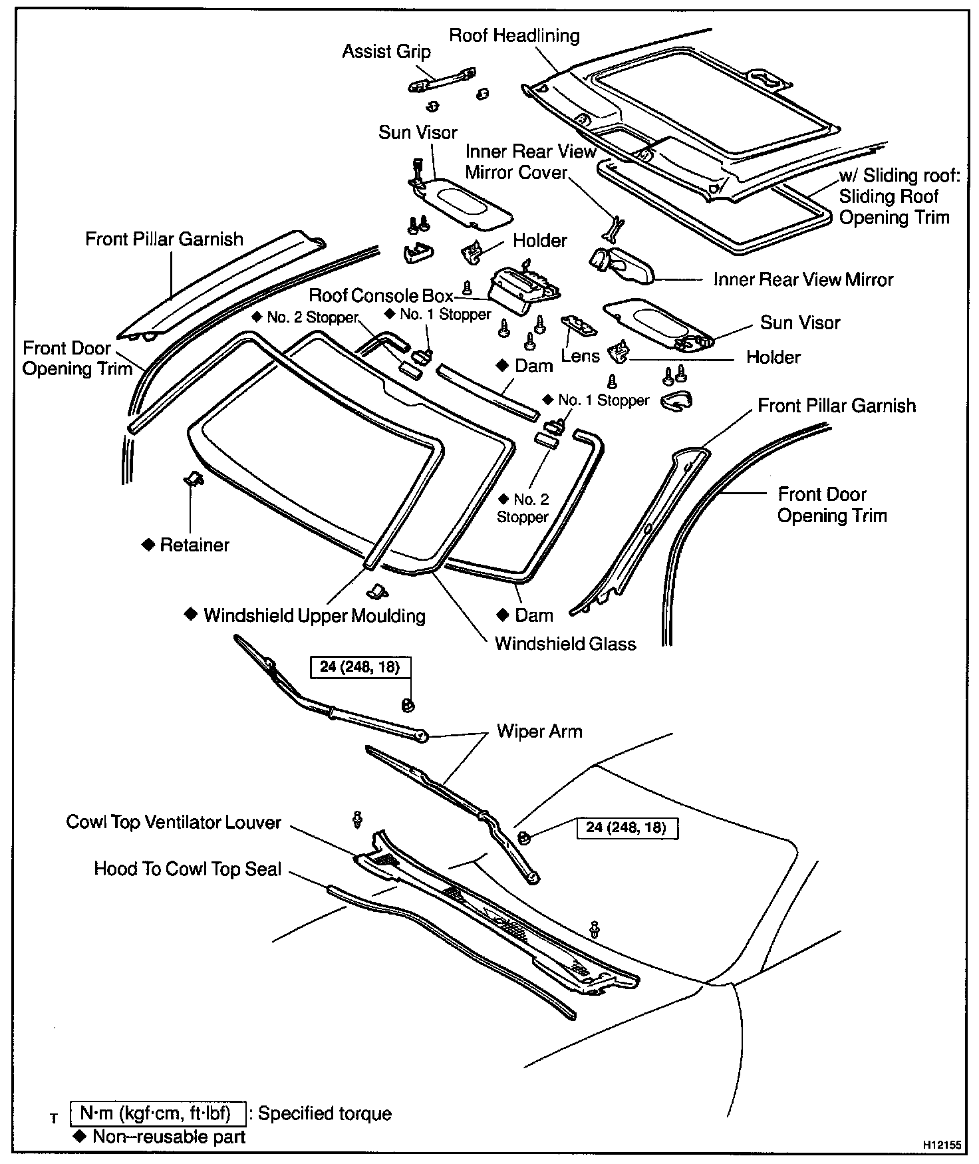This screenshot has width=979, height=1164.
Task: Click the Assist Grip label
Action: pos(386,52)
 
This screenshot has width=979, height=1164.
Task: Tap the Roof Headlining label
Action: pos(514,35)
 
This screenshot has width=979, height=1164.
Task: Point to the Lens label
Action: pos(580,356)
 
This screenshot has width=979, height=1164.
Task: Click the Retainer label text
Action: pos(194,545)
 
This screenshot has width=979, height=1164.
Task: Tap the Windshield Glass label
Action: pos(565,644)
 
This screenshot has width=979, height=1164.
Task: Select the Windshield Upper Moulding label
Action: pos(314,615)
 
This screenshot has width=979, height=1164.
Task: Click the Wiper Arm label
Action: pos(539,732)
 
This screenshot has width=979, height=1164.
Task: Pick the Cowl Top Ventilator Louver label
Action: pos(174,822)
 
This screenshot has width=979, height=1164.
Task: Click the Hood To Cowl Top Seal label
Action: pos(188,869)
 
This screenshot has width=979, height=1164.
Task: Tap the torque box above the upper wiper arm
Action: pos(360,666)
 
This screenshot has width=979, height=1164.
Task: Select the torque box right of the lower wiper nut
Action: pos(626,827)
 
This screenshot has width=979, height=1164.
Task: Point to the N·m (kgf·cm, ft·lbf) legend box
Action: pos(158,1113)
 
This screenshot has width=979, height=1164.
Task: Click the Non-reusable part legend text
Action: pos(169,1137)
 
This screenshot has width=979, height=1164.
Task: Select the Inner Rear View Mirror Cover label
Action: pos(530,162)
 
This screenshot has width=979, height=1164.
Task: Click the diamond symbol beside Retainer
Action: pos(148,545)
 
